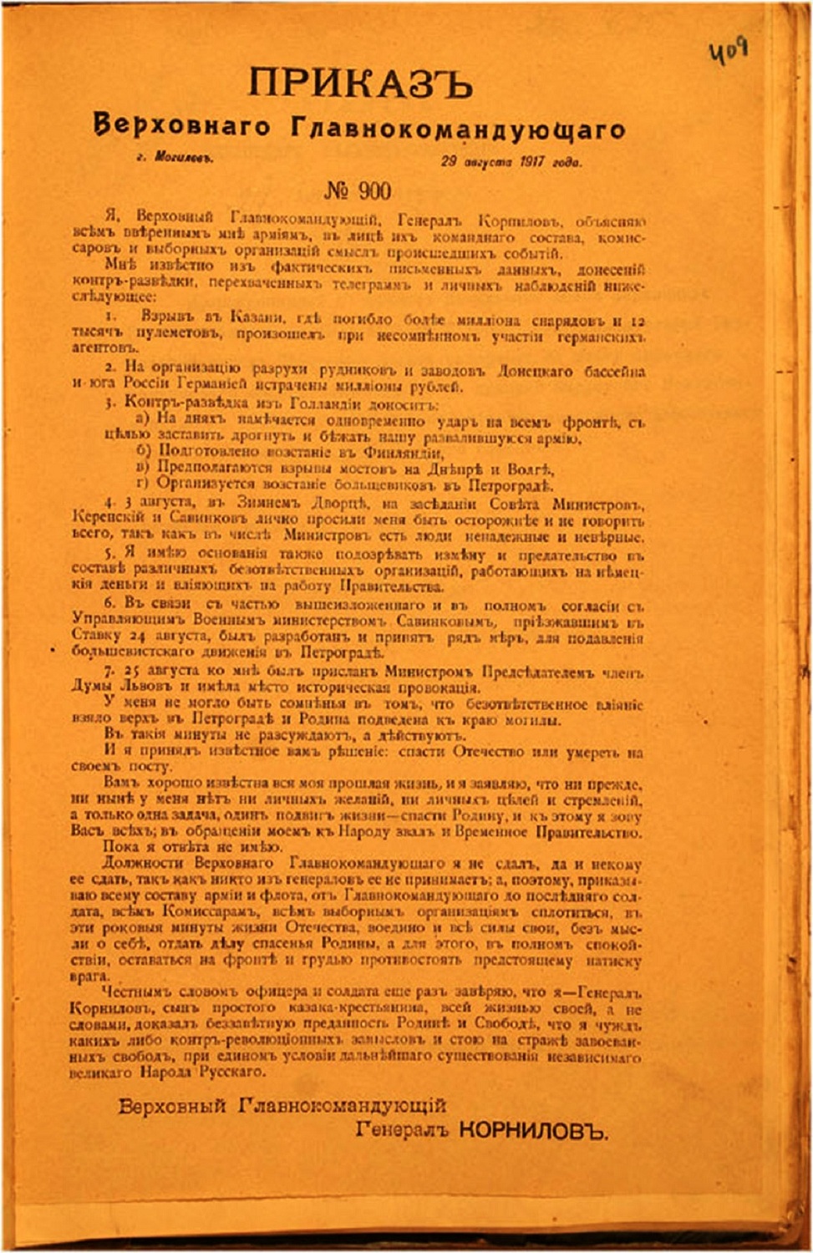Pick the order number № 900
point(357,191)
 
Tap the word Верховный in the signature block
point(172,1106)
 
